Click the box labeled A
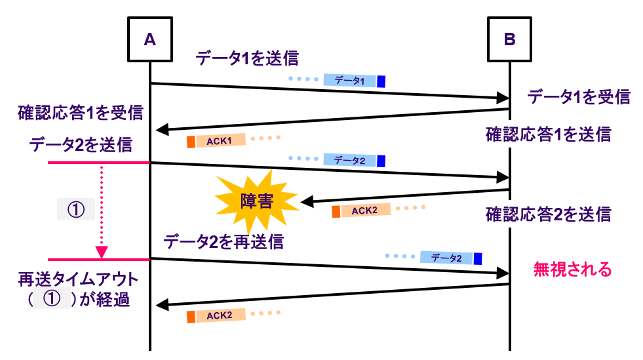click(149, 39)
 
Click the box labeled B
click(509, 39)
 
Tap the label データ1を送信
click(246, 59)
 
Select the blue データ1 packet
click(353, 81)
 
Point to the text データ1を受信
click(579, 97)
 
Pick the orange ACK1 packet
click(216, 140)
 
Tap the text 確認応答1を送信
click(548, 135)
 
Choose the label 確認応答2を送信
click(548, 214)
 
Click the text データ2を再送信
click(224, 242)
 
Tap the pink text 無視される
click(572, 269)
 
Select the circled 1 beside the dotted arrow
click(77, 209)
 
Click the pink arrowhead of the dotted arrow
click(102, 252)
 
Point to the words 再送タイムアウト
click(78, 280)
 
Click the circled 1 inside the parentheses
click(50, 300)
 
